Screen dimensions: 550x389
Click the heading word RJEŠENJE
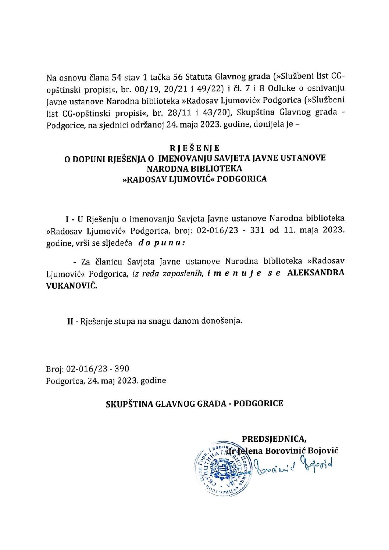pyautogui.click(x=194, y=148)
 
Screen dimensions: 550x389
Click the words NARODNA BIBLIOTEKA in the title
pyautogui.click(x=194, y=169)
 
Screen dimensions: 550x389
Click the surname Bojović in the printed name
pyautogui.click(x=322, y=450)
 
